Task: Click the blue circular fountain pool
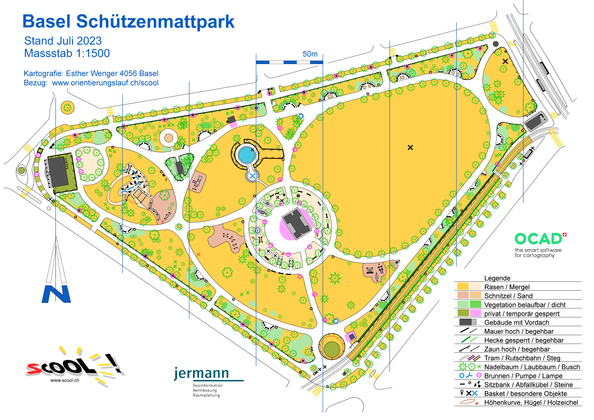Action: click(x=247, y=155)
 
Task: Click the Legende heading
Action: click(x=497, y=278)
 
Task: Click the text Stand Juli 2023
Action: click(x=63, y=41)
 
